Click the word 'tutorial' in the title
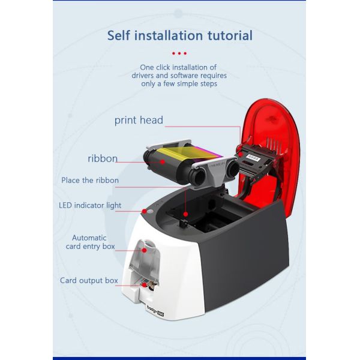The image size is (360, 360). click(230, 35)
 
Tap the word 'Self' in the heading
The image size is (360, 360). click(118, 35)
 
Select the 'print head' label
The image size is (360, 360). click(139, 121)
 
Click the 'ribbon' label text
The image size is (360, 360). click(103, 158)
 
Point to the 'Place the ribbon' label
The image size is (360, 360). click(90, 180)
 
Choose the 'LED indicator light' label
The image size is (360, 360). click(90, 205)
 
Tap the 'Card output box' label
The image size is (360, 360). click(89, 280)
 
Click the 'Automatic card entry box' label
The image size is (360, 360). click(90, 242)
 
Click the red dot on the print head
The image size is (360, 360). click(240, 154)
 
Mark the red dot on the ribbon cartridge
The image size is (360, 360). click(163, 162)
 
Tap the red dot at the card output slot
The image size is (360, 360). click(144, 285)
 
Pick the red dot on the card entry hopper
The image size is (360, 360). click(144, 250)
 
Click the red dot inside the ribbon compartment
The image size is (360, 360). click(186, 214)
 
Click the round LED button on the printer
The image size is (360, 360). click(150, 211)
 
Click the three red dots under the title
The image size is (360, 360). click(179, 53)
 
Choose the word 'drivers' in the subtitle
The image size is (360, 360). click(143, 76)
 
